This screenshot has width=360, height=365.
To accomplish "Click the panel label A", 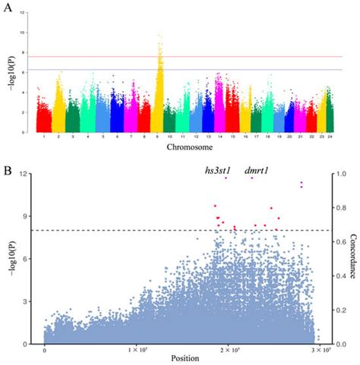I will click(8, 8).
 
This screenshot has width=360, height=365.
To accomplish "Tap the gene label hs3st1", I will click(219, 171).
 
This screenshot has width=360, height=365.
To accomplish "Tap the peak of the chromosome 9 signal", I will click(159, 35).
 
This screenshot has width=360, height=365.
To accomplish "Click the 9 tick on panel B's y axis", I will click(29, 216).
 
